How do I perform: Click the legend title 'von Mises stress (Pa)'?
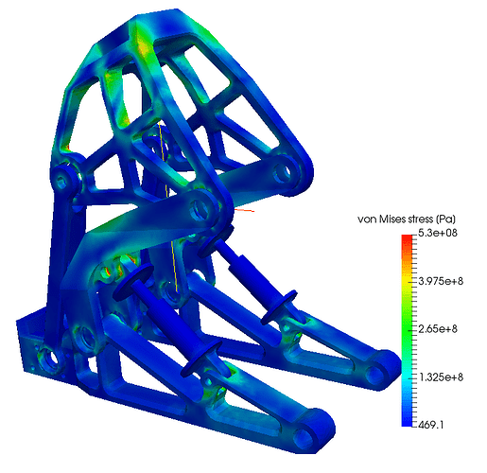pyautogui.click(x=407, y=219)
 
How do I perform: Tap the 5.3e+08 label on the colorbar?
pyautogui.click(x=438, y=233)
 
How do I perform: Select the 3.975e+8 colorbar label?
pyautogui.click(x=441, y=281)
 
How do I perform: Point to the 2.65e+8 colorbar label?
pyautogui.click(x=438, y=329)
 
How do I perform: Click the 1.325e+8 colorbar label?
pyautogui.click(x=441, y=377)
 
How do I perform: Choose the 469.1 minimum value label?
pyautogui.click(x=431, y=425)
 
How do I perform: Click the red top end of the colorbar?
pyautogui.click(x=407, y=237)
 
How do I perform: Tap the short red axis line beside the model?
pyautogui.click(x=244, y=210)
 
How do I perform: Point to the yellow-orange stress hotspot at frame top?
pyautogui.click(x=142, y=47)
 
